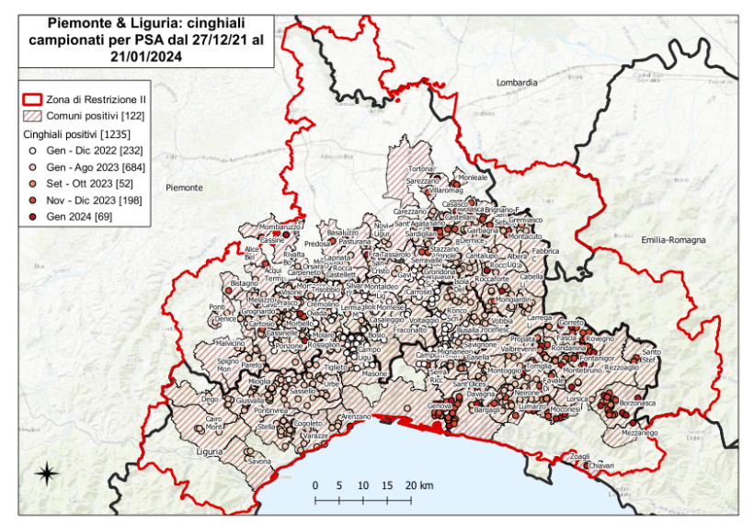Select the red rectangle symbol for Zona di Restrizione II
click(33, 98)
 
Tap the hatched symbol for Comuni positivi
click(33, 116)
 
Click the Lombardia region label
click(516, 83)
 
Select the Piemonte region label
click(184, 188)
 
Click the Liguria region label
click(211, 452)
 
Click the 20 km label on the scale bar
click(416, 485)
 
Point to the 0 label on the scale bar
click(314, 485)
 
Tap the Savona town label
click(258, 461)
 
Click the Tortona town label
click(420, 169)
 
